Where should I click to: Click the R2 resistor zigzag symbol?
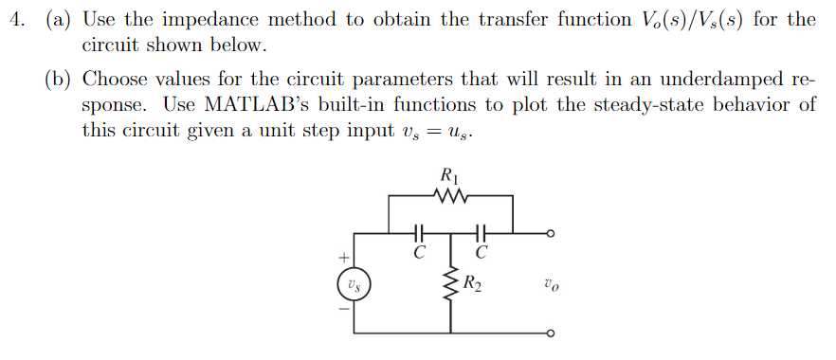coord(450,284)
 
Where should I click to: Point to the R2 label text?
coord(472,283)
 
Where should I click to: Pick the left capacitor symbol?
coord(418,231)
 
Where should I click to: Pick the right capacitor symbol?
coord(481,231)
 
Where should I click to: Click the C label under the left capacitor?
coord(418,252)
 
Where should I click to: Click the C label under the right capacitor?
coord(482,252)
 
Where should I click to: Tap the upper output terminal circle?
coord(549,232)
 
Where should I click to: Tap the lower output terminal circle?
coord(549,333)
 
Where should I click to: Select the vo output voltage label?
coord(550,283)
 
